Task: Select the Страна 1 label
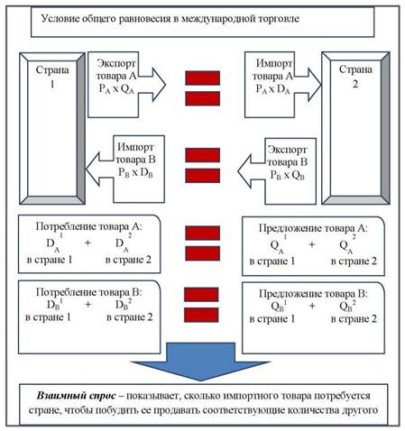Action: pos(52,77)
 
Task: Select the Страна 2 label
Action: pos(355,77)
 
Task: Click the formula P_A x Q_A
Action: pos(116,89)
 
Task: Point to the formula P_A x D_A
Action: pos(273,89)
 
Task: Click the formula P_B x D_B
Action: pos(135,172)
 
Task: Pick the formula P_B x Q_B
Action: pos(288,175)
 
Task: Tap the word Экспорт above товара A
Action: pos(116,63)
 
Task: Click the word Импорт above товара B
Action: pos(135,147)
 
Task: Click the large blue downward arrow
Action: pos(200,362)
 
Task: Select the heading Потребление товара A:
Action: pos(89,226)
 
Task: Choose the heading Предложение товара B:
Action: pos(313,294)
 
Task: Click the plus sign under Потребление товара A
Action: pos(87,243)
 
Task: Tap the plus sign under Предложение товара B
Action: pos(312,306)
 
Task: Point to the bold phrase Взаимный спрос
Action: pos(76,396)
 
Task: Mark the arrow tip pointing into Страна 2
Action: pos(321,85)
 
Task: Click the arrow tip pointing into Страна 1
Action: pos(86,170)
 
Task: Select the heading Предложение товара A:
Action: pos(313,228)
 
